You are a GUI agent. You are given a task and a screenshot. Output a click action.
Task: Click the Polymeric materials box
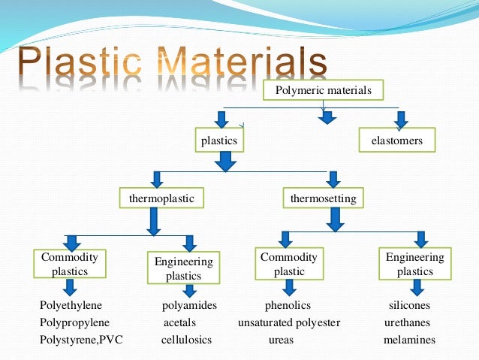coord(324,92)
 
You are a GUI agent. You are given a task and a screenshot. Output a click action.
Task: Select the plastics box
coord(219,141)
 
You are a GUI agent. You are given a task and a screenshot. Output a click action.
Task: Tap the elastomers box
coord(397,141)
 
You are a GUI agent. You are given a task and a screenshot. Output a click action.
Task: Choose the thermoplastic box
coord(161,198)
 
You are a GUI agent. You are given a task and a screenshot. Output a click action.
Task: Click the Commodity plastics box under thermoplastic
coord(70,264)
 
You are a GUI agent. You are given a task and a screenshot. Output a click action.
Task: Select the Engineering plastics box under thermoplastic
coord(184,268)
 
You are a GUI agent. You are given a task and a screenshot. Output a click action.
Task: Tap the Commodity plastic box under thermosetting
coord(289,264)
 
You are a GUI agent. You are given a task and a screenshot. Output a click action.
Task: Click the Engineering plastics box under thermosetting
coord(415,264)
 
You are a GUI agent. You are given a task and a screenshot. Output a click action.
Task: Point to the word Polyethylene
coord(71,306)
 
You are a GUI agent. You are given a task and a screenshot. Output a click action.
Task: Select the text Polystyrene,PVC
coord(80,340)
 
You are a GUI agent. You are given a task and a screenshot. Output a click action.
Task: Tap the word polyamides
coord(189,306)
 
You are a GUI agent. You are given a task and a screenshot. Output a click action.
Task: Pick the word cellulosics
coord(186,340)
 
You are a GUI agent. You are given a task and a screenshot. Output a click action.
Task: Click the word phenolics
coord(288,306)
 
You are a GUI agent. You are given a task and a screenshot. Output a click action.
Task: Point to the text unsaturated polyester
coord(289,322)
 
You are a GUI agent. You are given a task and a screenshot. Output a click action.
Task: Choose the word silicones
coord(409,306)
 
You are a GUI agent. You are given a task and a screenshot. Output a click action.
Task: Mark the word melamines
coord(409,340)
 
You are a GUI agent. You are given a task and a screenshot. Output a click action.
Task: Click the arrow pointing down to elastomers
coord(401,118)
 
